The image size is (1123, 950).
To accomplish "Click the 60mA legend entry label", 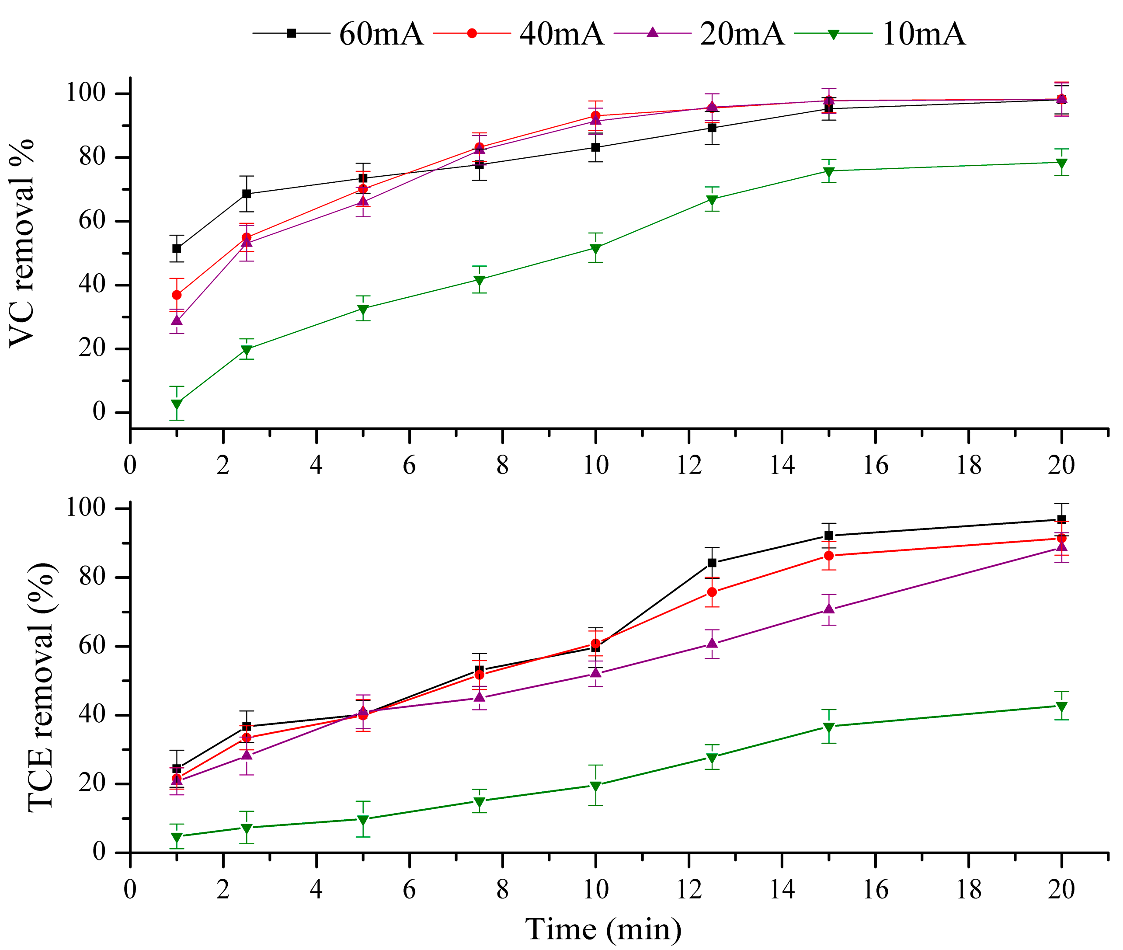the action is tap(381, 33).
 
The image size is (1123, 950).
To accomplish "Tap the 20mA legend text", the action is tap(742, 33).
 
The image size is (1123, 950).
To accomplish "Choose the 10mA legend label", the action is tap(924, 33).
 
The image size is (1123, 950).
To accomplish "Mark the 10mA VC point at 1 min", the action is tap(177, 404).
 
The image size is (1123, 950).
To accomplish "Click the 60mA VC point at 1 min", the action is tap(177, 248).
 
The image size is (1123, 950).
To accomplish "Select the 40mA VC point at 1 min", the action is tap(177, 295).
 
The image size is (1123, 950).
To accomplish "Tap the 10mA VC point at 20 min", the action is tap(1061, 163).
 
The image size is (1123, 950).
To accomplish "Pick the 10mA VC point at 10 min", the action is tap(595, 249).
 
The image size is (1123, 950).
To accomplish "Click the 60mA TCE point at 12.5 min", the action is tap(712, 563).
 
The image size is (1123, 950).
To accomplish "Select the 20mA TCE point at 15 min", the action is tap(828, 609).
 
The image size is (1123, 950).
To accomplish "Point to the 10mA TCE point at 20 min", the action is tap(1061, 707).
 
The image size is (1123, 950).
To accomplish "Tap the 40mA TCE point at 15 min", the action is tap(828, 556).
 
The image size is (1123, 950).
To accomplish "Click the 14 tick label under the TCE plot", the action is tap(782, 889).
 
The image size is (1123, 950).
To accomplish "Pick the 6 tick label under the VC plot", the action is tap(409, 465).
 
